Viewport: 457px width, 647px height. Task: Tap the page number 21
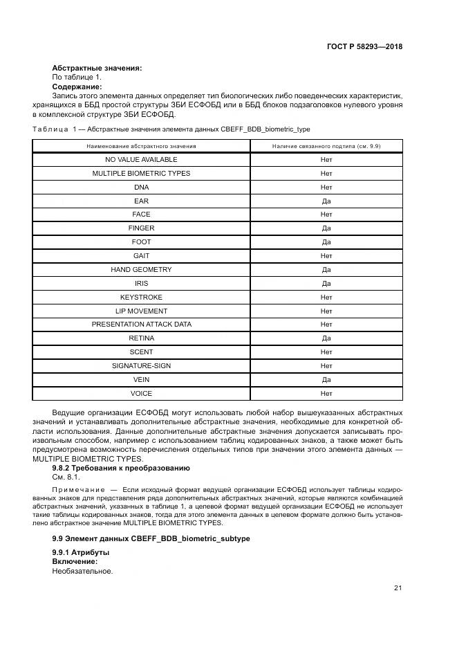(398, 587)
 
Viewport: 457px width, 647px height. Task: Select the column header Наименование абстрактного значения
(141, 146)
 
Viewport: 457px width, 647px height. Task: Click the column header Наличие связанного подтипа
(326, 146)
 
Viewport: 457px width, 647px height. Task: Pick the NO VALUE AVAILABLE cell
(141, 160)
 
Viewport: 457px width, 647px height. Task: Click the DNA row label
(141, 188)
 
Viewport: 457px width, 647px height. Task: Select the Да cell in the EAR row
(326, 201)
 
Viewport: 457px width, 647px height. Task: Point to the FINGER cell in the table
(141, 228)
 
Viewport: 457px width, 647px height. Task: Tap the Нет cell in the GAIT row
(326, 256)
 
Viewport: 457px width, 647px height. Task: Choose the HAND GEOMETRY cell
(141, 270)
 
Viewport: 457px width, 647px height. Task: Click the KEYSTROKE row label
(141, 297)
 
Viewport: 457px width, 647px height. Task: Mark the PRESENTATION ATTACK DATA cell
(141, 325)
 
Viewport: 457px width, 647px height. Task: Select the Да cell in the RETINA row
(326, 338)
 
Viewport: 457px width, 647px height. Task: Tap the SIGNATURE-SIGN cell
(141, 365)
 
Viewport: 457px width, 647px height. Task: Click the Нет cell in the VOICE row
(326, 393)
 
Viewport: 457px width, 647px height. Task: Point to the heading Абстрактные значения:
(97, 68)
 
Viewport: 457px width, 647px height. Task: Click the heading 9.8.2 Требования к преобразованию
(121, 468)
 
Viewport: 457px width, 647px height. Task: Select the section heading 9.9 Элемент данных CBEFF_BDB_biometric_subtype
(151, 538)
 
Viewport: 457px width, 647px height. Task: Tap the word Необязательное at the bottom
(82, 572)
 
